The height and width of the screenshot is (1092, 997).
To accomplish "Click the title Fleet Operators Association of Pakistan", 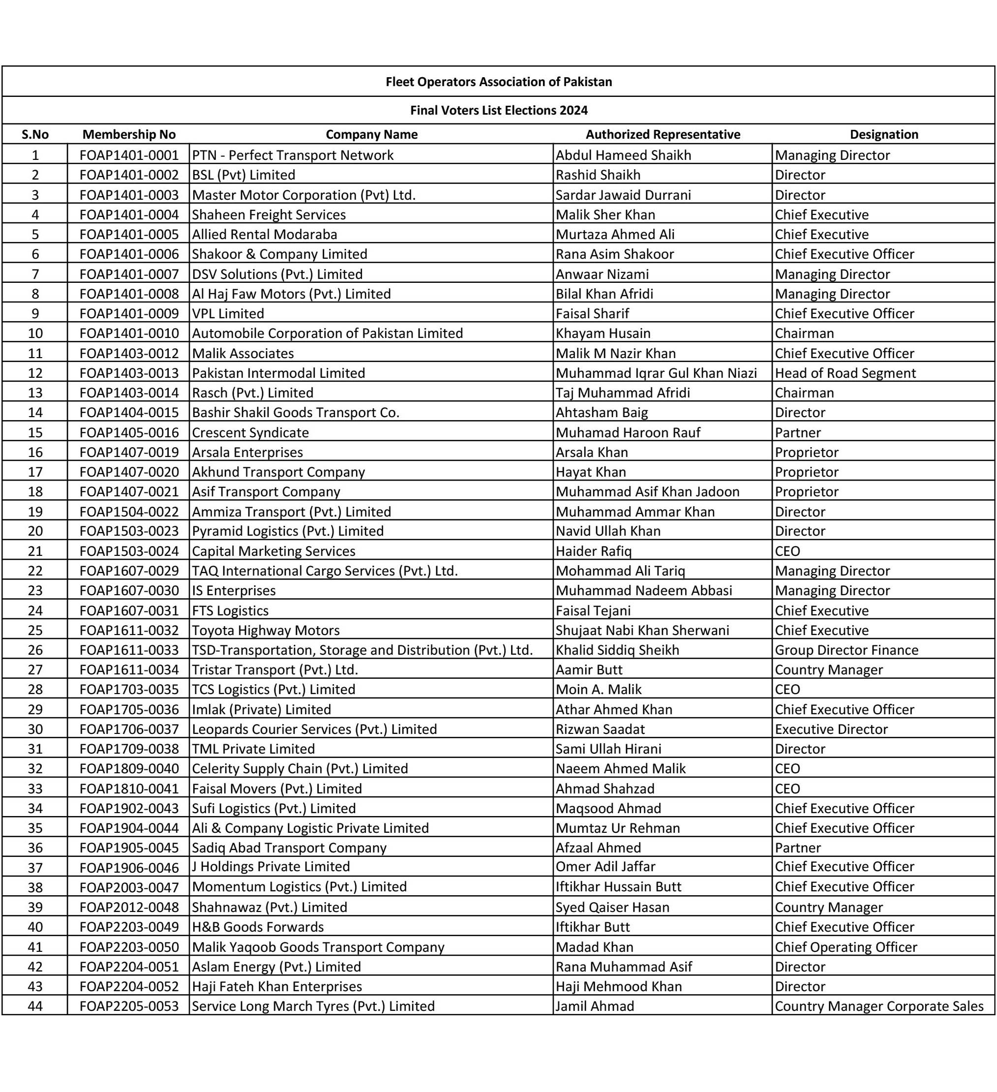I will point(498,82).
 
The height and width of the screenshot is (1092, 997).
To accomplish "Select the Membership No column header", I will point(129,134).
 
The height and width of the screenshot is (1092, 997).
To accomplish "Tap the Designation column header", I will point(883,134).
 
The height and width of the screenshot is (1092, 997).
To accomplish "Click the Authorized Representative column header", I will point(663,134).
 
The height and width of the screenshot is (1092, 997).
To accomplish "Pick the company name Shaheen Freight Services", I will point(269,214).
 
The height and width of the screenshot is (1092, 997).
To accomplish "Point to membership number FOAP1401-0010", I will point(129,333).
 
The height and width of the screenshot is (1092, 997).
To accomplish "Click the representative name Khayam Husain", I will point(603,333).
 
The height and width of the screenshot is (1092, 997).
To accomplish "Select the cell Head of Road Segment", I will point(845,373).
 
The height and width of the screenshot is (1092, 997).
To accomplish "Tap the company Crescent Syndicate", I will point(250,432).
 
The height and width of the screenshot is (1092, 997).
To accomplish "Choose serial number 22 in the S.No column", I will point(35,571).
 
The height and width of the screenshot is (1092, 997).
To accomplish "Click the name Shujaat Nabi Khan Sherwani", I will point(642,630).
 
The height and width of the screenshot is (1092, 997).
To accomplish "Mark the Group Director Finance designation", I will point(846,650).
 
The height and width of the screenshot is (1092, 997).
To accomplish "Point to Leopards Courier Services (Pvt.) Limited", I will point(314,729).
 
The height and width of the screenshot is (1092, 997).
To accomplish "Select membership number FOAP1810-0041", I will point(129,789).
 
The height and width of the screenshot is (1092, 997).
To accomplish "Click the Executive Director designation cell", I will point(831,729).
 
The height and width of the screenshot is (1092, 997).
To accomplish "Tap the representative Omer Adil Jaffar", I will point(605,867).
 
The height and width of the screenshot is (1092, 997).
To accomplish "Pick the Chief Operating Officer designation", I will point(846,947).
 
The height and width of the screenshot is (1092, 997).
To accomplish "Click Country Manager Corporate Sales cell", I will point(878,1006).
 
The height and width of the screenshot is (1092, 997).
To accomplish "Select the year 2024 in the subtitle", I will point(573,111).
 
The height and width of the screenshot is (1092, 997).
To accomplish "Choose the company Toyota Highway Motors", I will point(266,630).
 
